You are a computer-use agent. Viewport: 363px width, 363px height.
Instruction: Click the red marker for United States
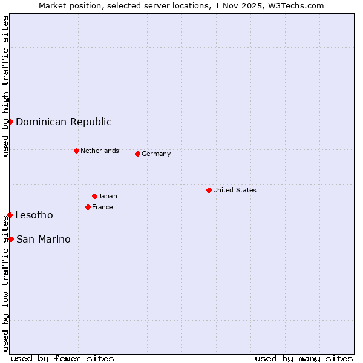pos(209,190)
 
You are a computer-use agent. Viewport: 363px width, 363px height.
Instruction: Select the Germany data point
pos(137,154)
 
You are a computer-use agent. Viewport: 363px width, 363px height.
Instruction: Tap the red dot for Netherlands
pos(76,151)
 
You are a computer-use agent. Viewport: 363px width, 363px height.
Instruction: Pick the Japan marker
pos(94,196)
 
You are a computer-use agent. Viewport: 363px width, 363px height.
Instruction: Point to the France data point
pos(88,207)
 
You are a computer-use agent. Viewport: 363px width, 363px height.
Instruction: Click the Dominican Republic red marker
pos(10,122)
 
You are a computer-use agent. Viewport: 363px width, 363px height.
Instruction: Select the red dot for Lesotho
pos(10,215)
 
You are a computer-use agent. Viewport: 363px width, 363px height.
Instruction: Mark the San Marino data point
pos(11,239)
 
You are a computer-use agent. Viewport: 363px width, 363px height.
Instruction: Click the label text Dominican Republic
pos(64,122)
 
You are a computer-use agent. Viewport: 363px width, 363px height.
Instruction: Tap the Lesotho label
pos(34,215)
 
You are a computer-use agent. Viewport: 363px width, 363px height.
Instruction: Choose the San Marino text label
pos(43,239)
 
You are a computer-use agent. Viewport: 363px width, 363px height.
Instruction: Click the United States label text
pos(234,190)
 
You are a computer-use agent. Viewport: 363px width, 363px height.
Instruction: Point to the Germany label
pos(156,154)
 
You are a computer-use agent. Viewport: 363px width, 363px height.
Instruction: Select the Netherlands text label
pos(99,151)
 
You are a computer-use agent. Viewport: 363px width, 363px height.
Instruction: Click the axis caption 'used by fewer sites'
pos(62,358)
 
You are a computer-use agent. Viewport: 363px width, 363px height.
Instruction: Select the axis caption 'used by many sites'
pos(304,358)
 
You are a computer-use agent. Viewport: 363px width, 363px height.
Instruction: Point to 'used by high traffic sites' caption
pos(5,86)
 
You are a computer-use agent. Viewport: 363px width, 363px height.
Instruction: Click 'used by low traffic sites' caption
pos(5,284)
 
